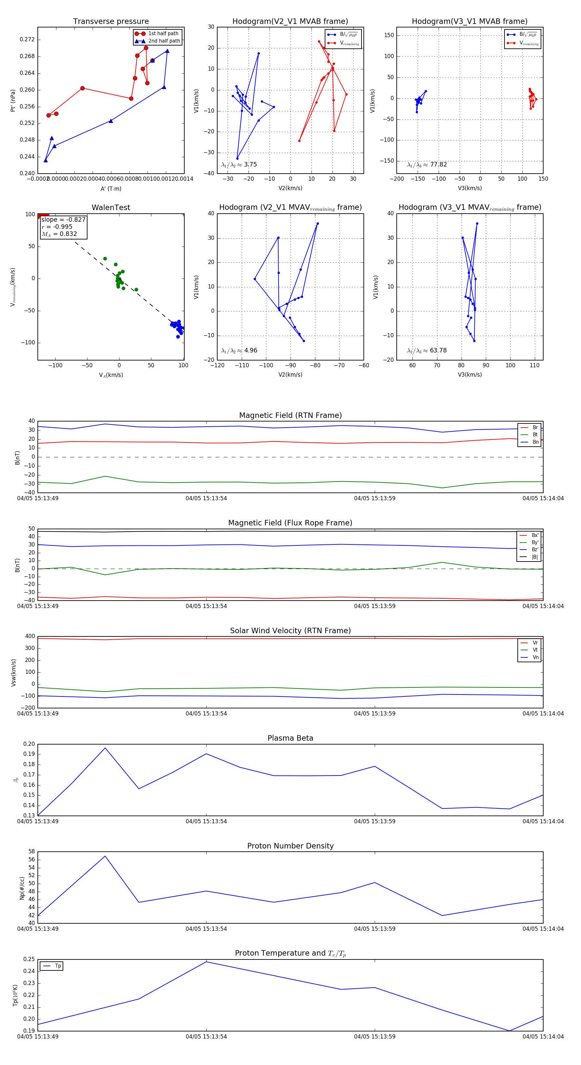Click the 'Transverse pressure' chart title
coord(111,22)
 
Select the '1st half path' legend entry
coord(163,34)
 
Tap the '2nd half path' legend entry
coord(164,41)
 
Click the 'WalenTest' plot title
coord(111,208)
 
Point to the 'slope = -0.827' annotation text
coord(63,219)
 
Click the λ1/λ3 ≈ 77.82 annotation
coord(427,165)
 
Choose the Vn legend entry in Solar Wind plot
coord(535,657)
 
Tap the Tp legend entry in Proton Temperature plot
coord(58,966)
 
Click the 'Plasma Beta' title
coord(290,738)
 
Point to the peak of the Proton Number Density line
coord(105,856)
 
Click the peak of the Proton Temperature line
coord(206,962)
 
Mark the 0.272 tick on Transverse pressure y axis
coord(27,40)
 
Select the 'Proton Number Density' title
coord(290,846)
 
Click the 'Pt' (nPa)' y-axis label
coord(13,100)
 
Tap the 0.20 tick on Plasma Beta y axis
coord(29,744)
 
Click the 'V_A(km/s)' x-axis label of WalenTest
coord(111,375)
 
